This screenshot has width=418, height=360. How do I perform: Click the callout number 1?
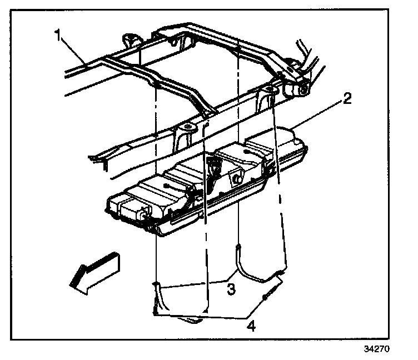click(57, 36)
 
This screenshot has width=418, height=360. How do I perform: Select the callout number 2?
click(346, 100)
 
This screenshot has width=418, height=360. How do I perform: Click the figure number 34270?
click(377, 351)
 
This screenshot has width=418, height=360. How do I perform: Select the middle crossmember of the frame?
click(183, 94)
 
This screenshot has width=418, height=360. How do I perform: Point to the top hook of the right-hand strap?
click(238, 247)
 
